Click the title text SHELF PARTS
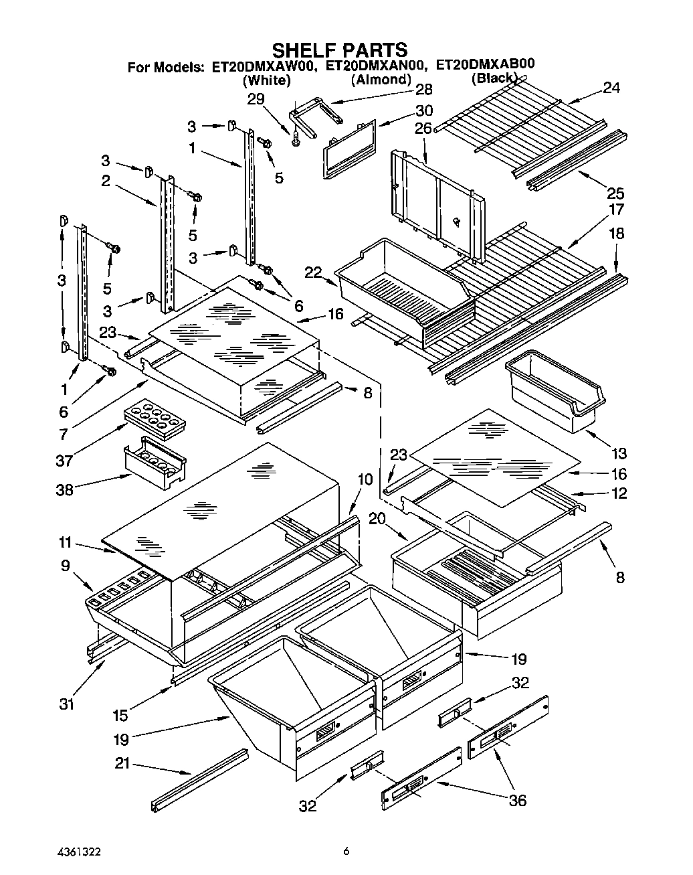[x=339, y=50]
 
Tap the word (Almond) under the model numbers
[x=381, y=80]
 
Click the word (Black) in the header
[x=494, y=79]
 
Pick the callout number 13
[x=619, y=454]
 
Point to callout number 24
[x=611, y=87]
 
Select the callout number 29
[x=256, y=99]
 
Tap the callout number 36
[x=518, y=800]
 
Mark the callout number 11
[x=66, y=544]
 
